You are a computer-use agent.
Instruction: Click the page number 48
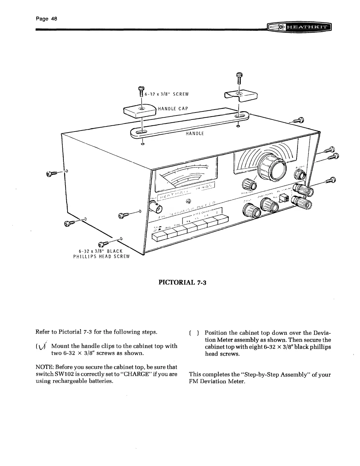pyautogui.click(x=46, y=18)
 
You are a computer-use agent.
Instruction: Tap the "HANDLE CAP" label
pyautogui.click(x=173, y=108)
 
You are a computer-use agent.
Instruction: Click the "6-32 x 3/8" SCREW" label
pyautogui.click(x=166, y=94)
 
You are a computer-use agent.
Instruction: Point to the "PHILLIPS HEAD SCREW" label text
pyautogui.click(x=101, y=256)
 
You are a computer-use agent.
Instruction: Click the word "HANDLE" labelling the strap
pyautogui.click(x=195, y=134)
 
